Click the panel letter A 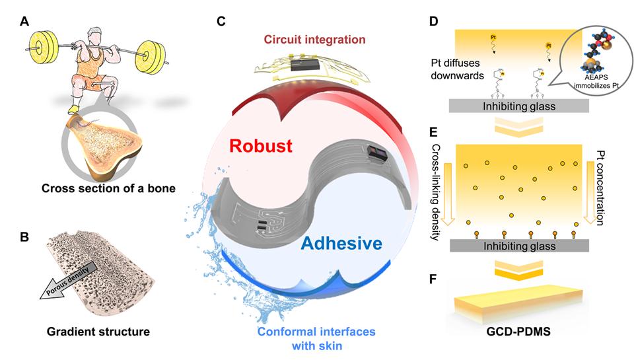24,20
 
